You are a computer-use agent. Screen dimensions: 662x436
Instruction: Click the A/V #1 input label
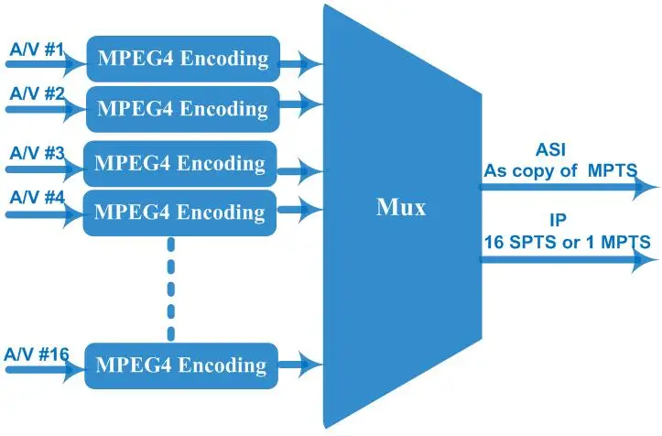coord(37,49)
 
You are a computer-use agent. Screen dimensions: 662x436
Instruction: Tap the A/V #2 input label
coord(37,93)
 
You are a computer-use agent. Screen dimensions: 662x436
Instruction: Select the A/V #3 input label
coord(37,153)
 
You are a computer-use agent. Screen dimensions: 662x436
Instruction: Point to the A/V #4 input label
coord(37,197)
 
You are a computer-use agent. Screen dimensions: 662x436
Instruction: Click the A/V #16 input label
coord(37,354)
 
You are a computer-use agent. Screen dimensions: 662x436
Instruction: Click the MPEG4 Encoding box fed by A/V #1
coord(183,59)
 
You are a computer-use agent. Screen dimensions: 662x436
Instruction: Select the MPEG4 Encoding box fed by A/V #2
coord(183,109)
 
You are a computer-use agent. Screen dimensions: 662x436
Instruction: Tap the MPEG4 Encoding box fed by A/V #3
coord(180,163)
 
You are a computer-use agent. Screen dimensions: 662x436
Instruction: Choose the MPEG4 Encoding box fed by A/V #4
coord(179,213)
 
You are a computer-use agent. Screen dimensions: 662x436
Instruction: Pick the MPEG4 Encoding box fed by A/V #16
coord(181,365)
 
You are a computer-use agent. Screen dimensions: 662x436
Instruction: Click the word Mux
coord(401,207)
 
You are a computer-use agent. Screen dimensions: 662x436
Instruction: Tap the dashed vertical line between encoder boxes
coord(171,289)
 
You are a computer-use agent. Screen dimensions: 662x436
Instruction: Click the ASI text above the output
coord(550,149)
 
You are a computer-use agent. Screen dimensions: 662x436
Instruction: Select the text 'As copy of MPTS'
coord(560,170)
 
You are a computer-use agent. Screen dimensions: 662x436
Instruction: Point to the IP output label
coord(558,220)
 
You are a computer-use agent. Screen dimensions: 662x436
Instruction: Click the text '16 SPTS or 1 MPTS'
coord(567,243)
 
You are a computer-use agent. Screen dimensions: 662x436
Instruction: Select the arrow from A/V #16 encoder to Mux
coord(300,364)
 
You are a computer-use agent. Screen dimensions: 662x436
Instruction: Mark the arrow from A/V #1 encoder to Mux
coord(301,64)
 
